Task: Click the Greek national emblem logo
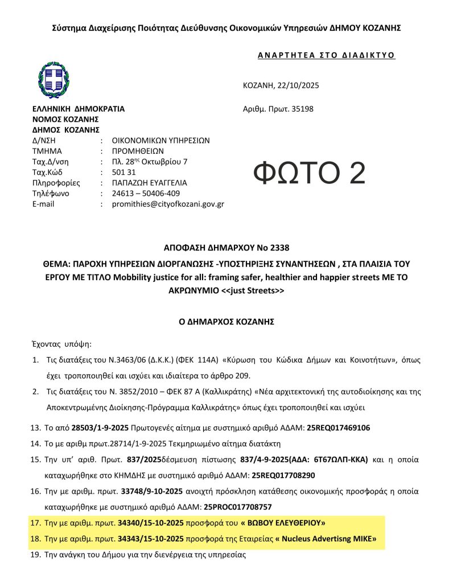pos(54,79)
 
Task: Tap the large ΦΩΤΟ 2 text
pos(309,173)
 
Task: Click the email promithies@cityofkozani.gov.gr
pos(168,204)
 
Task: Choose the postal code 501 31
pos(122,173)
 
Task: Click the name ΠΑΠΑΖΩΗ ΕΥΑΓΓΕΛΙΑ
pos(149,183)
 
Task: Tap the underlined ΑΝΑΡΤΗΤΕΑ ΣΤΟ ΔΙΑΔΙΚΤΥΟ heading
pos(319,55)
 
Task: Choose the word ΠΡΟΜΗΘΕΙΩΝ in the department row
pos(137,151)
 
